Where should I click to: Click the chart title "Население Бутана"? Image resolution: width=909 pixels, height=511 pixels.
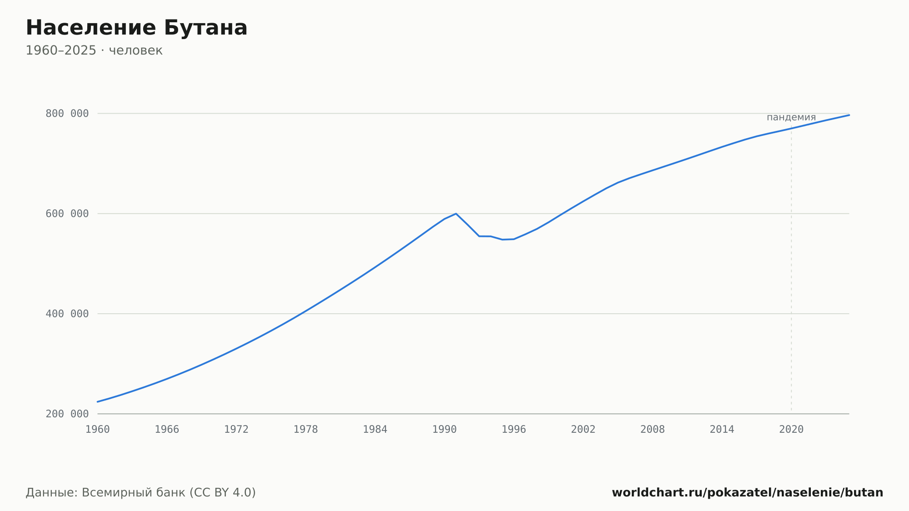tap(136, 28)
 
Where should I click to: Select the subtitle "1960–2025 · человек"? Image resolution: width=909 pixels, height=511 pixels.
tap(94, 50)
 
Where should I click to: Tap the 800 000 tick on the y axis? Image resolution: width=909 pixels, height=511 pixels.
tap(67, 114)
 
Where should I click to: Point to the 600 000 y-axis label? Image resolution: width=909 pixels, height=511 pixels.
tap(67, 214)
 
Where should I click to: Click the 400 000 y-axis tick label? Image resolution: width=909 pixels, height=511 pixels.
tap(67, 314)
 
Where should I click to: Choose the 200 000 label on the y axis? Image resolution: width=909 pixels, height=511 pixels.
tap(67, 414)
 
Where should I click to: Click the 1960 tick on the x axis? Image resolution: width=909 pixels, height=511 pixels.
tap(98, 430)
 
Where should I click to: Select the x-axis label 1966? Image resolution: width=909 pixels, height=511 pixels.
tap(167, 430)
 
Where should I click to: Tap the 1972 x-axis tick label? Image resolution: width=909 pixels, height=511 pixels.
tap(236, 430)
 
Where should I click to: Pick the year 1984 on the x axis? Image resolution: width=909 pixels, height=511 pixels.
tap(375, 430)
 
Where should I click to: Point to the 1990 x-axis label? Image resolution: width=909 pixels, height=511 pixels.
tap(445, 430)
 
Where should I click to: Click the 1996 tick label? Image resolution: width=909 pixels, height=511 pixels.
tap(514, 430)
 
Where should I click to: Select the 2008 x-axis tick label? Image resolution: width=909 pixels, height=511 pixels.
tap(653, 430)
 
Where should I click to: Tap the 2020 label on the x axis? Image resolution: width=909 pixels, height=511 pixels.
tap(791, 430)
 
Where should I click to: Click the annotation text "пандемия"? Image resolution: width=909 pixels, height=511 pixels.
tap(791, 117)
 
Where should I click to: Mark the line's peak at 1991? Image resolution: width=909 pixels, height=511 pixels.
tap(456, 214)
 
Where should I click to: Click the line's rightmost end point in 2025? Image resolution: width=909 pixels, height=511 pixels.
tap(849, 115)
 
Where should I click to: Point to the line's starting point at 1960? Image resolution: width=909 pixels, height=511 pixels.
tap(98, 402)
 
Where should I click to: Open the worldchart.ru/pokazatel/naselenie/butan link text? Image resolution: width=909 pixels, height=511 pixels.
tap(747, 493)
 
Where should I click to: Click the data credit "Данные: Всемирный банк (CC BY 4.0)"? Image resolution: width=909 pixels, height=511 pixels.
tap(141, 493)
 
